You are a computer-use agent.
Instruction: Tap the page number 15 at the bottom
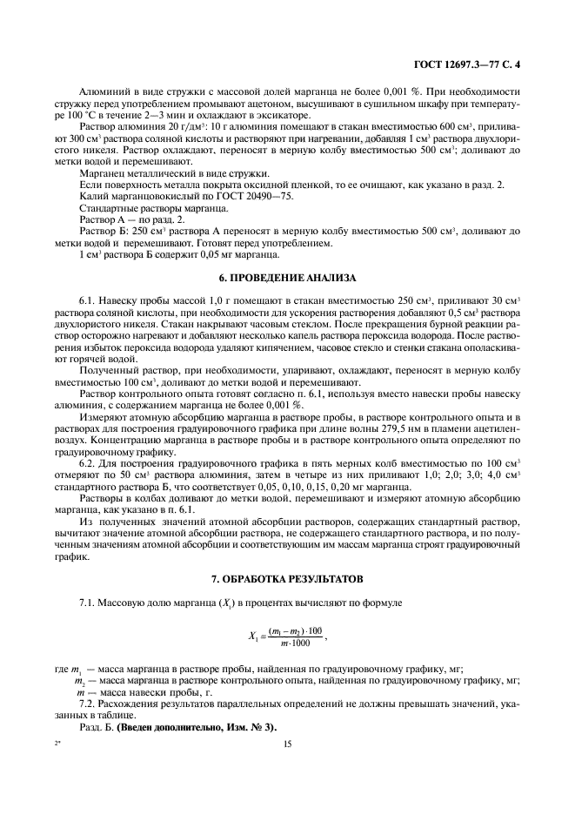coord(286,744)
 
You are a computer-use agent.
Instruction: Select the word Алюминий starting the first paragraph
coord(102,91)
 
